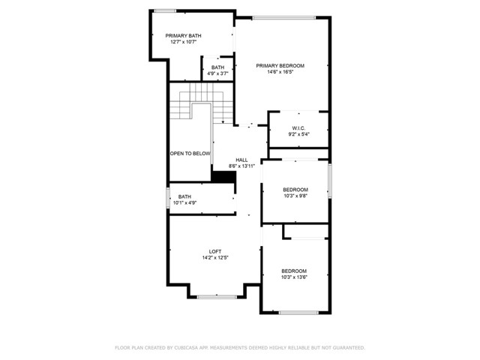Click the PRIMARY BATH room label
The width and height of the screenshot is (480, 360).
(x=183, y=36)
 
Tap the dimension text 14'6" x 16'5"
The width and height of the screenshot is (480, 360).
(x=280, y=72)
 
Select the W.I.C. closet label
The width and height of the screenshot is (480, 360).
(x=298, y=128)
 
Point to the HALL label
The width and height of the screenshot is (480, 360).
(x=241, y=160)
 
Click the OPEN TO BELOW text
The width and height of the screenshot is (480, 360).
(x=190, y=154)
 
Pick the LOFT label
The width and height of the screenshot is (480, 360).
(x=215, y=252)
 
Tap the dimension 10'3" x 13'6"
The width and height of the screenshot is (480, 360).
(x=294, y=277)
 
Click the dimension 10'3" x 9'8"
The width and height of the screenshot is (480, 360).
(x=295, y=196)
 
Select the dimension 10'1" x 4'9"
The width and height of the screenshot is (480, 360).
(x=185, y=202)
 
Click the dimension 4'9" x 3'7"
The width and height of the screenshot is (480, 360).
(x=218, y=73)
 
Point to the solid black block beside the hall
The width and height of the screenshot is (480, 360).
(x=223, y=177)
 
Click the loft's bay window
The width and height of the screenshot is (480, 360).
(x=217, y=297)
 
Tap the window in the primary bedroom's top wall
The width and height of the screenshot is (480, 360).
(x=284, y=17)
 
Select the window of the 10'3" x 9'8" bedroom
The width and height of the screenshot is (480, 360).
(x=330, y=181)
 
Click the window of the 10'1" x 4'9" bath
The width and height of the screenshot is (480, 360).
(x=168, y=198)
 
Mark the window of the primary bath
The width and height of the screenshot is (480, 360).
(x=165, y=11)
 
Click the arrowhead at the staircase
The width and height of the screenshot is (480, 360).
(x=223, y=122)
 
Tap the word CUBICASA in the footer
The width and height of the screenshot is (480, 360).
(x=187, y=348)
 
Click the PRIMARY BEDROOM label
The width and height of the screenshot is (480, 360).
(x=280, y=66)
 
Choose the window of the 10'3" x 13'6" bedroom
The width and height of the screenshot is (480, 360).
(x=298, y=313)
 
